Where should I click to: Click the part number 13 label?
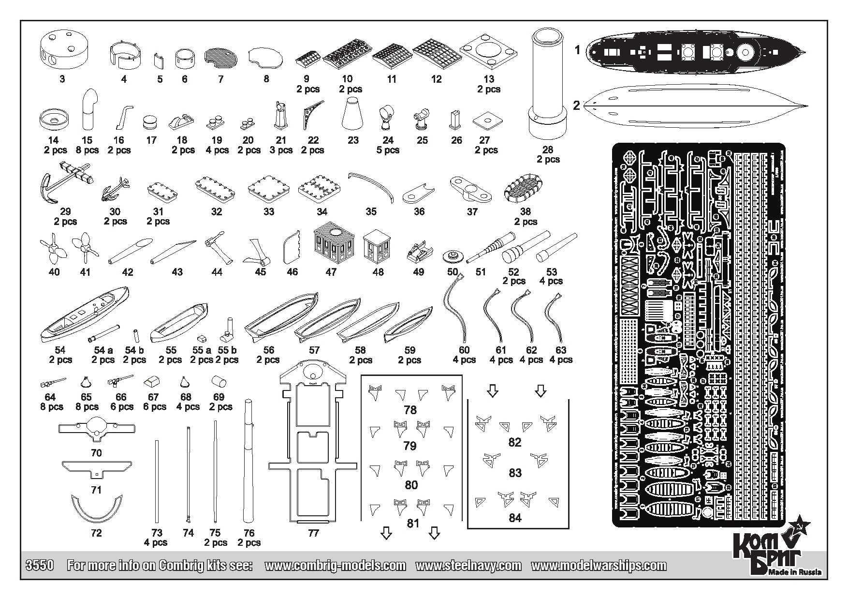pos(489,79)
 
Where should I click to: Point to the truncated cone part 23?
pos(353,112)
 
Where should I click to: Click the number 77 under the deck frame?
pos(313,533)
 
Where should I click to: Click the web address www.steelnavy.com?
pos(468,565)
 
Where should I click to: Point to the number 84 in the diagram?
pos(515,518)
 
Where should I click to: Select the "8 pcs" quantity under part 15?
pos(87,150)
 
